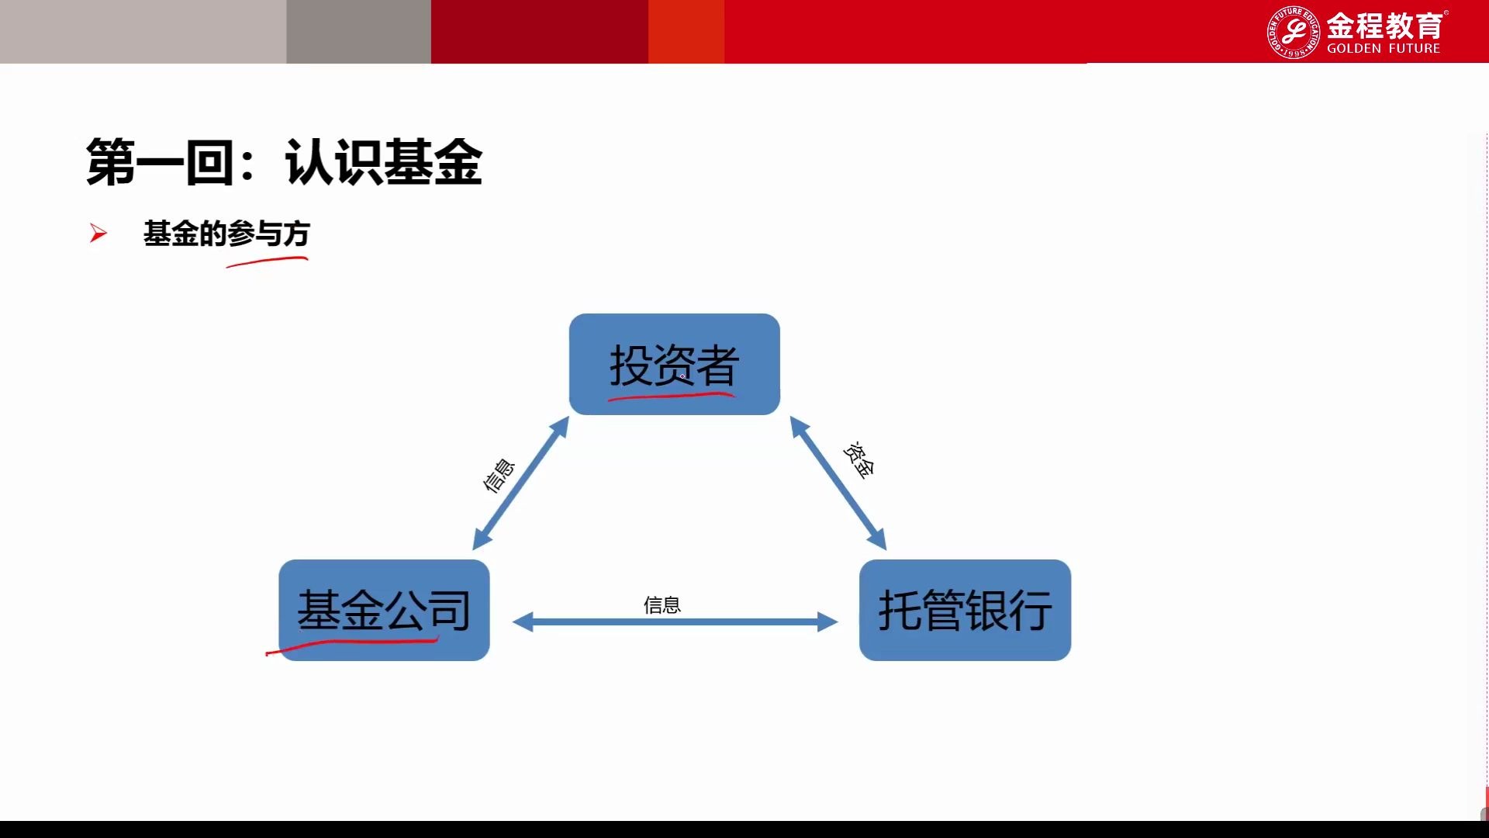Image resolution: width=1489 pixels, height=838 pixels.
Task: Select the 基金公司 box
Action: click(x=384, y=609)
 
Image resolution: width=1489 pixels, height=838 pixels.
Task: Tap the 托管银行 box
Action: click(x=965, y=609)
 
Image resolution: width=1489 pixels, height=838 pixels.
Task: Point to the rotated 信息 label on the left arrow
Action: click(x=499, y=475)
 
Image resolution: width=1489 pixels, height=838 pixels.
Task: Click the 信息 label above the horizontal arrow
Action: click(x=662, y=604)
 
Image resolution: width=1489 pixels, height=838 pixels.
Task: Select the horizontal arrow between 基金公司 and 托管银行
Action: click(x=675, y=622)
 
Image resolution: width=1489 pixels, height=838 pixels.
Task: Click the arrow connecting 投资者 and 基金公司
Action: click(x=520, y=483)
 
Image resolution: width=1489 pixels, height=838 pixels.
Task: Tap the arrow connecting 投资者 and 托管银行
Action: click(x=838, y=483)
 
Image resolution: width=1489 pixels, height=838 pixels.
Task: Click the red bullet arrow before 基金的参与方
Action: click(x=98, y=233)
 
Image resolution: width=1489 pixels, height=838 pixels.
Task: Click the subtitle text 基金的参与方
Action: click(x=226, y=233)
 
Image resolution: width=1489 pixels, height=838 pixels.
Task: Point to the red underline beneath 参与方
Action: click(x=267, y=262)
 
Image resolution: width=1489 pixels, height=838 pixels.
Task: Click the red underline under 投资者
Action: click(x=671, y=396)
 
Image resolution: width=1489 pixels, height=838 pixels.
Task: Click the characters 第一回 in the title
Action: click(x=159, y=162)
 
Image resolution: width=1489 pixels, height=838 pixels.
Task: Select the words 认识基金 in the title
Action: click(x=383, y=162)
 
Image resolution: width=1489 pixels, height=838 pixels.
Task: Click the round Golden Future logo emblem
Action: click(x=1292, y=32)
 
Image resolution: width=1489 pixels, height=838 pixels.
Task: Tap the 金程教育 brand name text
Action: click(x=1384, y=26)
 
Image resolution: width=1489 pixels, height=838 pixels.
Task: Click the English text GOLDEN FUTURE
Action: click(x=1383, y=48)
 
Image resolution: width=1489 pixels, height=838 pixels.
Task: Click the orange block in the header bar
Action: click(x=686, y=31)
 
